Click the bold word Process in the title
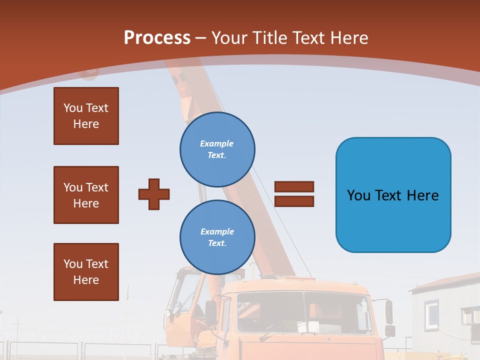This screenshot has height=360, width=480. point(157,38)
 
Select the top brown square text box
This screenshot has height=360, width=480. point(86,116)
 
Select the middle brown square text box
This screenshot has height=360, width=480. point(86,195)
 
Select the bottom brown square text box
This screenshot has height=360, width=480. point(86,272)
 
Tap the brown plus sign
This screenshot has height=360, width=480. point(154,194)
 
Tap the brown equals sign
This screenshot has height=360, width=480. point(294,194)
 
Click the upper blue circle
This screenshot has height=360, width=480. point(217,149)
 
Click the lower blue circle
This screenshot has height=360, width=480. point(217,237)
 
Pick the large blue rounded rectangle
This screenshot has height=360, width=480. point(393,195)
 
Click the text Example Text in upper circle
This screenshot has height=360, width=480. point(217,149)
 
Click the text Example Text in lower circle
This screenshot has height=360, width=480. point(217,237)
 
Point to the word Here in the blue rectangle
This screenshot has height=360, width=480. point(422,195)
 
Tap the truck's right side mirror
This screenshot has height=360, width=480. point(389,312)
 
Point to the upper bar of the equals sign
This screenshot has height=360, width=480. point(294,186)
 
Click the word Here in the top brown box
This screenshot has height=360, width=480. point(86,124)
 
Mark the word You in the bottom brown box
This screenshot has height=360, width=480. point(73,264)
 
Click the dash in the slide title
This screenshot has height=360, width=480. point(201,38)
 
